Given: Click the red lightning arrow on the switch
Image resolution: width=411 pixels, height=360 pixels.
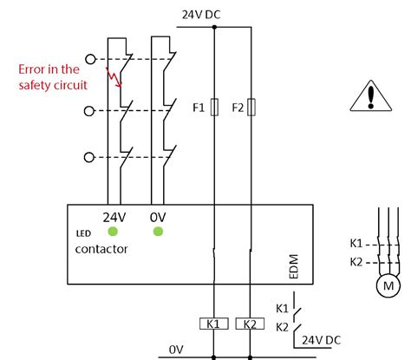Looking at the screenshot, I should [114, 79].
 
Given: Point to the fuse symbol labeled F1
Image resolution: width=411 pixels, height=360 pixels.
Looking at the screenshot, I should [213, 108].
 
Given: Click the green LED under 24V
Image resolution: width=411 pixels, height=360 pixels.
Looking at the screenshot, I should [113, 232].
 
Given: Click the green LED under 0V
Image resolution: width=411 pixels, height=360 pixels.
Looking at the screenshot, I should [159, 232].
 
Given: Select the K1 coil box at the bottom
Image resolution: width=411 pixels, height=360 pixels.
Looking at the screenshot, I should [213, 324].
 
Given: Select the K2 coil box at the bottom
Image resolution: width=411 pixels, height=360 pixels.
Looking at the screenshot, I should [250, 324].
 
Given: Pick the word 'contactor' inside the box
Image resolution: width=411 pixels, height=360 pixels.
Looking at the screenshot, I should [101, 249].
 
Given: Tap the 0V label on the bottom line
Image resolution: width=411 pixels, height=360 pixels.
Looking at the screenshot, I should [176, 350].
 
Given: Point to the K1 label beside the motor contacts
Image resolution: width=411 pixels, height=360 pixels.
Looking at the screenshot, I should [357, 245].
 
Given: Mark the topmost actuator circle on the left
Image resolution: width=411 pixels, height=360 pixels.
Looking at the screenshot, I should [88, 63].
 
